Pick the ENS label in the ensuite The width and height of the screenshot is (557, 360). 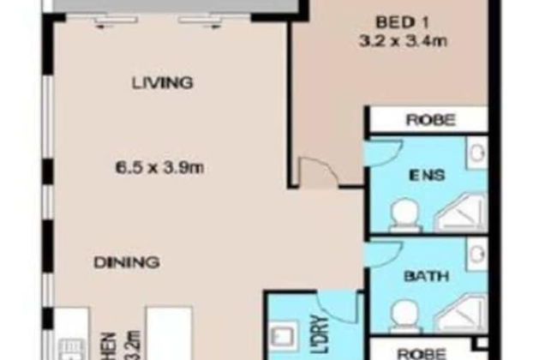point(426,177)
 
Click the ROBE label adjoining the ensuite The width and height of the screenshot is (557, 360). point(429,121)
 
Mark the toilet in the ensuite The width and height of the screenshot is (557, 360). point(401,214)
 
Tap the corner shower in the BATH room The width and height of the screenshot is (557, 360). point(460,311)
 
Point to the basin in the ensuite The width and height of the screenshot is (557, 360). point(476,154)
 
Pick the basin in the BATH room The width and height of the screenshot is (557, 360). point(476,255)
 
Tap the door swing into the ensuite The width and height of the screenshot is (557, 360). point(381,150)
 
